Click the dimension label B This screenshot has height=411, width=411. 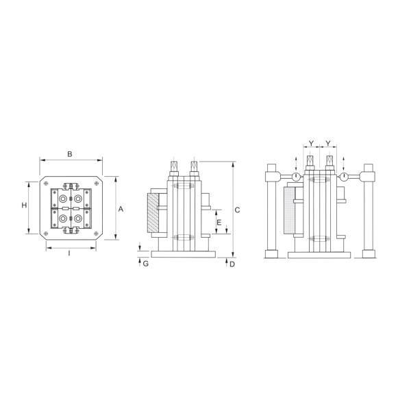click(x=69, y=154)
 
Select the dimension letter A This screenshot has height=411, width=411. click(x=121, y=209)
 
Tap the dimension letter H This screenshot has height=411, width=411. click(x=24, y=205)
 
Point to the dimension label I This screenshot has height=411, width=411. click(x=69, y=253)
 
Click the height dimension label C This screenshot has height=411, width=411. click(x=237, y=210)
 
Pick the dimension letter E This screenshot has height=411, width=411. click(x=219, y=223)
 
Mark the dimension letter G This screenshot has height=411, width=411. click(x=146, y=264)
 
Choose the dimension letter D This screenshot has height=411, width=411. click(x=232, y=264)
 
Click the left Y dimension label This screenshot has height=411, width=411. click(x=311, y=143)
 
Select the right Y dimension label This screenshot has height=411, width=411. click(x=328, y=143)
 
